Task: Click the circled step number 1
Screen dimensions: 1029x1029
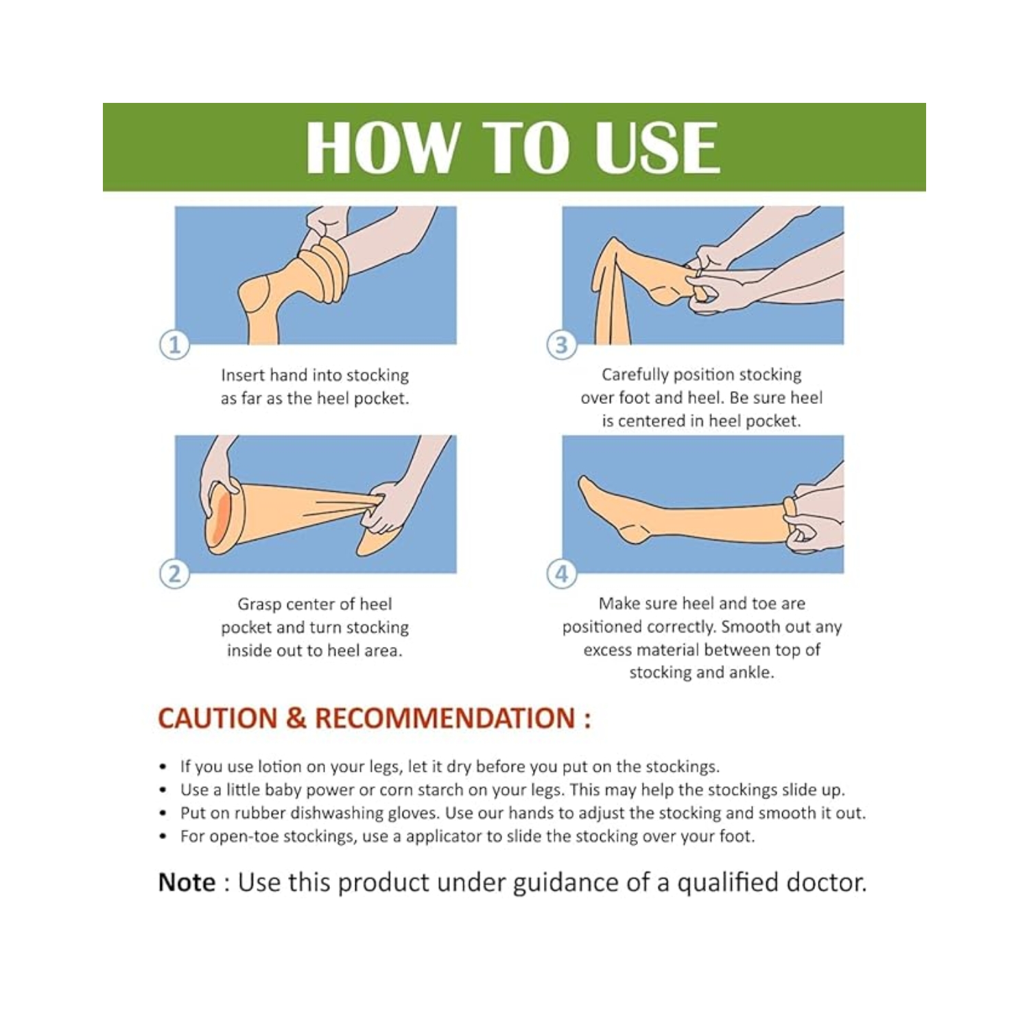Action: [x=174, y=344]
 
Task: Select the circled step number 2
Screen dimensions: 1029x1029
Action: [x=174, y=573]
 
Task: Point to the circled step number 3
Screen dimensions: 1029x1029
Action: [x=561, y=344]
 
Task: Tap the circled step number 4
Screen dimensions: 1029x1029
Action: [x=561, y=573]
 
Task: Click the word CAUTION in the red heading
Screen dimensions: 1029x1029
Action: [x=217, y=718]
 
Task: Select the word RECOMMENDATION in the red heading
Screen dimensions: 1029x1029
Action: [x=445, y=718]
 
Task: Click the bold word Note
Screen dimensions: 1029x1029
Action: [x=187, y=882]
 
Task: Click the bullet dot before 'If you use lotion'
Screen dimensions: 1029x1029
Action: [x=163, y=767]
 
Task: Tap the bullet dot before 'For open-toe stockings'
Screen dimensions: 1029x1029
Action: [x=163, y=836]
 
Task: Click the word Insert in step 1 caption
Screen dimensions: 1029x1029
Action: [x=243, y=375]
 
